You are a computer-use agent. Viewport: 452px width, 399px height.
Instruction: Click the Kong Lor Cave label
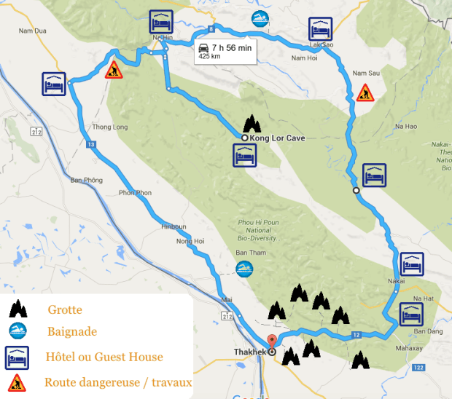(277, 138)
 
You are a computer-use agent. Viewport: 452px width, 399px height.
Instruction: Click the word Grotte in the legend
(65, 310)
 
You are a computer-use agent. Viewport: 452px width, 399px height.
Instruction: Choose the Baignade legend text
(72, 332)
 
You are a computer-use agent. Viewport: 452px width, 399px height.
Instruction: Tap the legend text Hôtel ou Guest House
(104, 357)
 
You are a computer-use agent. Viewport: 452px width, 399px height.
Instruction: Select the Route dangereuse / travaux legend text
(118, 382)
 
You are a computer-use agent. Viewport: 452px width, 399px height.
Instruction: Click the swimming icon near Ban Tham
(243, 268)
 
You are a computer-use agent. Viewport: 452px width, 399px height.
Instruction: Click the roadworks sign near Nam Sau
(365, 92)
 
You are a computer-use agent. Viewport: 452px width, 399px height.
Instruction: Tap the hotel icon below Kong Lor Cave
(243, 155)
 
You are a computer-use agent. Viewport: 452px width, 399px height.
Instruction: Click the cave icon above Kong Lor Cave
(252, 122)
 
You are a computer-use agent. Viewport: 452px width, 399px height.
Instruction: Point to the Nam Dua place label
(32, 31)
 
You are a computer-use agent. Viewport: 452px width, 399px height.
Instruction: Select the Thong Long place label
(110, 127)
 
